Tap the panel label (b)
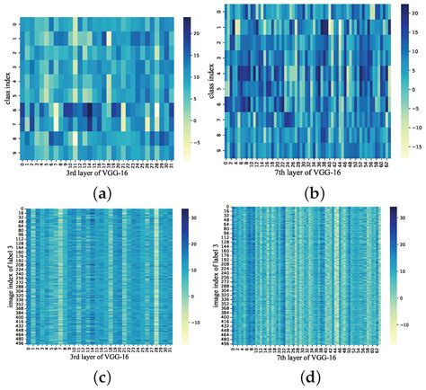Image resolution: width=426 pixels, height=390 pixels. pyautogui.click(x=314, y=191)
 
